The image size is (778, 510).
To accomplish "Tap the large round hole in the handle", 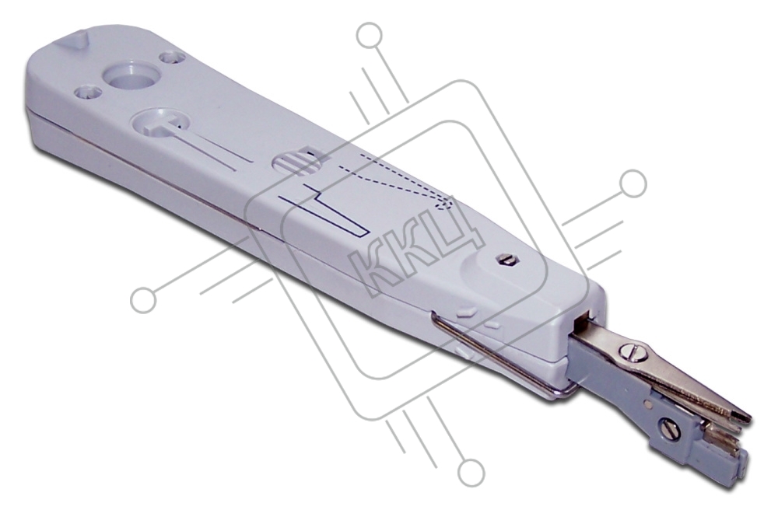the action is tap(131, 77).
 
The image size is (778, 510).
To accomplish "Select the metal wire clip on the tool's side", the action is tap(501, 354).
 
